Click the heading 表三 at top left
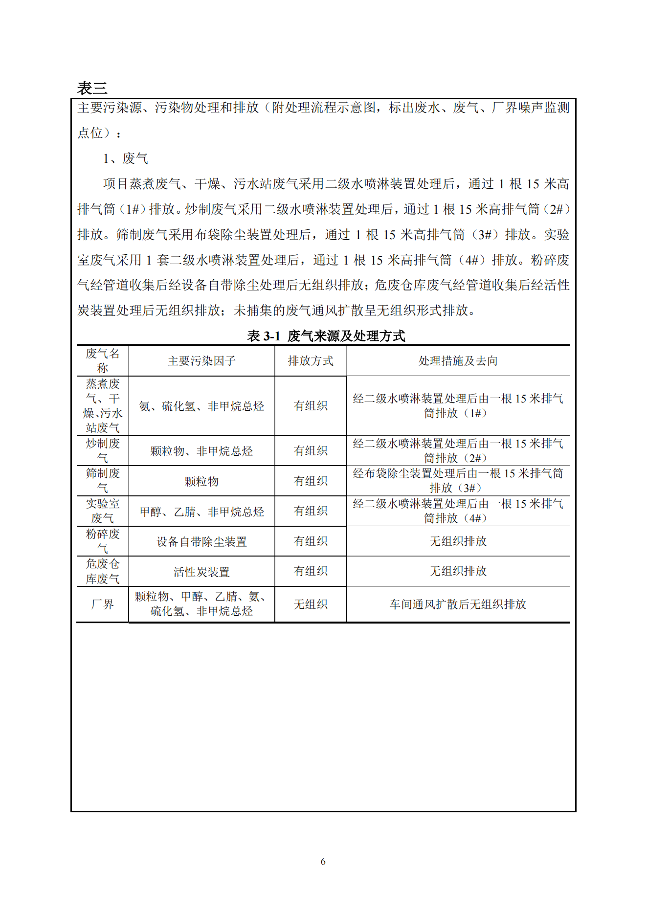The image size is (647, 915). pyautogui.click(x=92, y=89)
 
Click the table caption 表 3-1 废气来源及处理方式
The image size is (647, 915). pyautogui.click(x=326, y=336)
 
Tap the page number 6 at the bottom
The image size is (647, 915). pyautogui.click(x=323, y=861)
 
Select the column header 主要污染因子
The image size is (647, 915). pyautogui.click(x=201, y=361)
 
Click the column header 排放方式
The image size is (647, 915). pyautogui.click(x=311, y=361)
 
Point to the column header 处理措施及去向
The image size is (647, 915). pyautogui.click(x=458, y=361)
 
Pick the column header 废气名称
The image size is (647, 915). pyautogui.click(x=103, y=361)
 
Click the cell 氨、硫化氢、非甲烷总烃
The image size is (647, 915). pyautogui.click(x=201, y=406)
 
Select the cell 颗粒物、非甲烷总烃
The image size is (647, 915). pyautogui.click(x=201, y=451)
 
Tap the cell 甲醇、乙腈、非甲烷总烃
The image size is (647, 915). pyautogui.click(x=201, y=512)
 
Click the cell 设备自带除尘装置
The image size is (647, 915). pyautogui.click(x=201, y=541)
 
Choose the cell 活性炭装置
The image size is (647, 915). pyautogui.click(x=201, y=572)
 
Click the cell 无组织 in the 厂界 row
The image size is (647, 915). pyautogui.click(x=311, y=604)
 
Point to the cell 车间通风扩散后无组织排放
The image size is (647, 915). pyautogui.click(x=458, y=604)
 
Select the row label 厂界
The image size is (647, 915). pyautogui.click(x=103, y=604)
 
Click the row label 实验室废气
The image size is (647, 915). pyautogui.click(x=103, y=511)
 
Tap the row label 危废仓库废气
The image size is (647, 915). pyautogui.click(x=103, y=571)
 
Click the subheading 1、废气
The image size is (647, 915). pyautogui.click(x=125, y=158)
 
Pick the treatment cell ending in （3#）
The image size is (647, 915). pyautogui.click(x=458, y=481)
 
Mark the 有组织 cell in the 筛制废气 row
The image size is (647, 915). pyautogui.click(x=311, y=481)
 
